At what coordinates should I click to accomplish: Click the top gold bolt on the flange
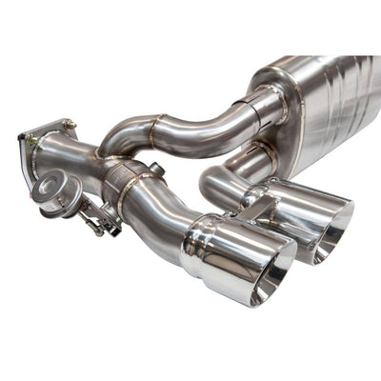click(x=69, y=123)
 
